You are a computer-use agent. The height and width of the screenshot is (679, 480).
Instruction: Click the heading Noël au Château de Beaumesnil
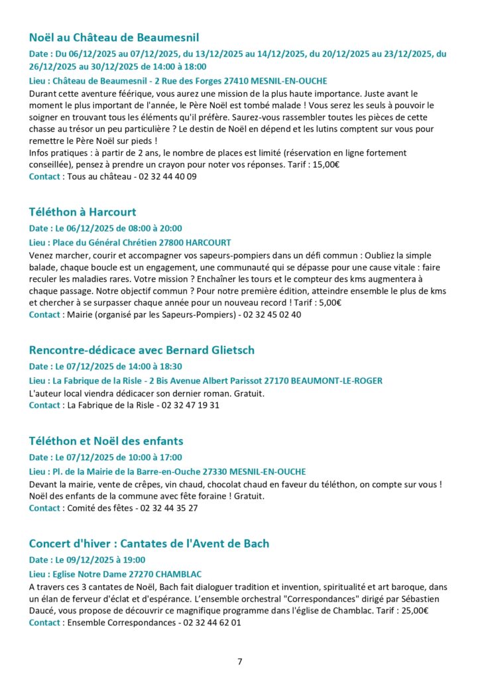tap(114, 37)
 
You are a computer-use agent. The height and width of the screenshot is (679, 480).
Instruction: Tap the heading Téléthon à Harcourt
tap(82, 212)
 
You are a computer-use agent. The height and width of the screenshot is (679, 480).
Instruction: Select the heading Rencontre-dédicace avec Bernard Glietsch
tap(141, 349)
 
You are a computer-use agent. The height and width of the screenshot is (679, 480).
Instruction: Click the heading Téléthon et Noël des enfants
tap(106, 441)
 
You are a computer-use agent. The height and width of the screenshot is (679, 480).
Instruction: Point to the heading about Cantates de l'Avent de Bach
tap(149, 544)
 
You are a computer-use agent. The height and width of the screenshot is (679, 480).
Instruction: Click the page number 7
tap(240, 661)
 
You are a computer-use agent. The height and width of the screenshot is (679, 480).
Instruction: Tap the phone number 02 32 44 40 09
tap(166, 177)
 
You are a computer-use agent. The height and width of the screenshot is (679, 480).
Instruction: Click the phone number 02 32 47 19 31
tap(190, 405)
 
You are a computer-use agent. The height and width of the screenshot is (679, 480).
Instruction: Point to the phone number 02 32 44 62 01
tap(211, 623)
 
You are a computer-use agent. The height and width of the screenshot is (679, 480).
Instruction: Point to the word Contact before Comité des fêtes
tap(44, 509)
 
